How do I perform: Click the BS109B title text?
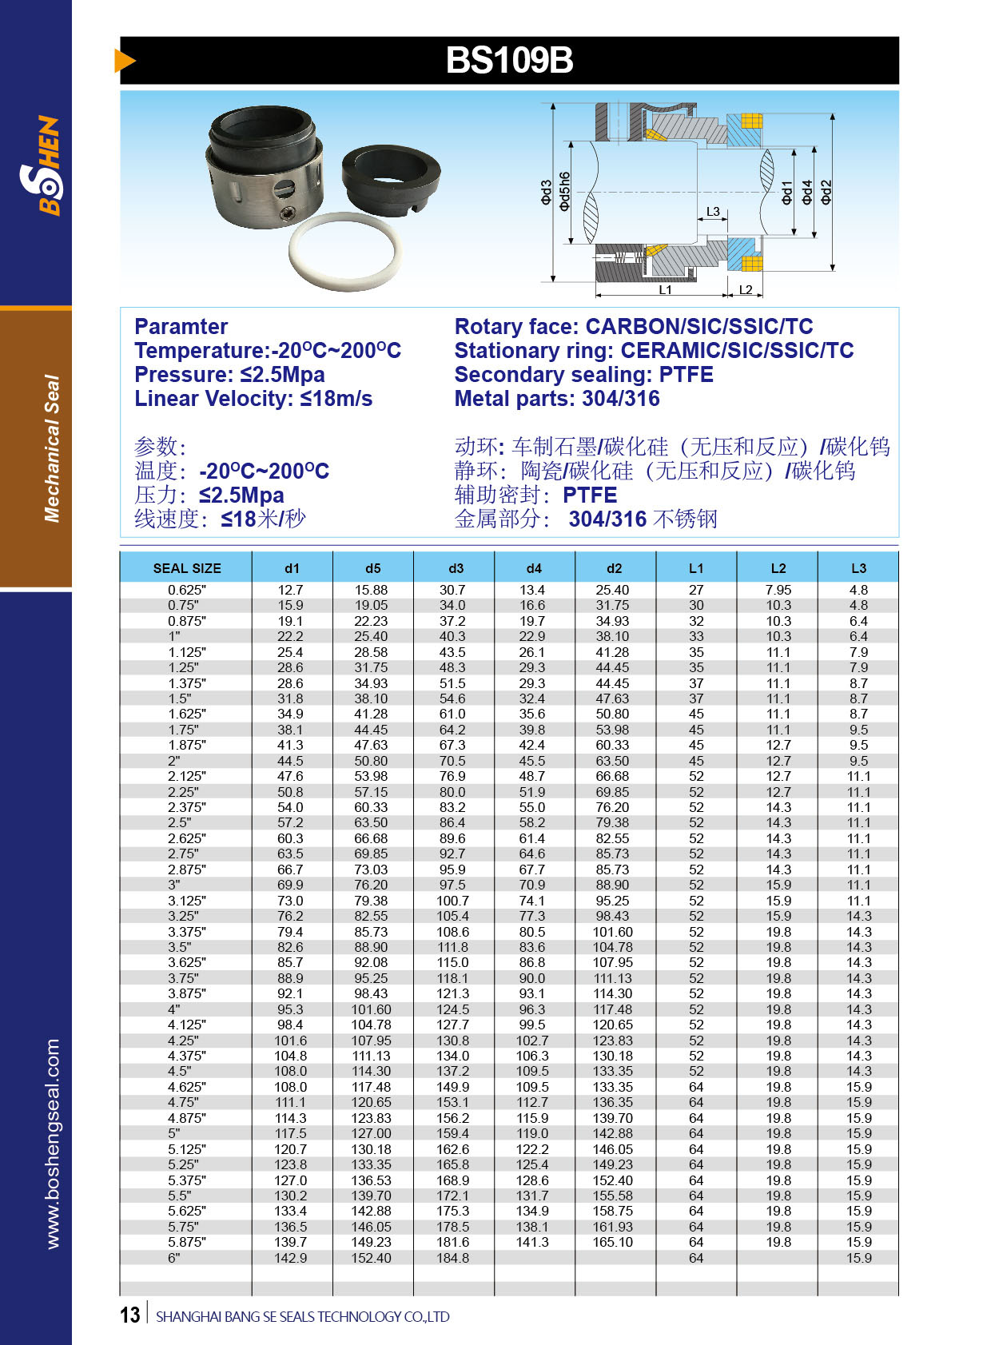pyautogui.click(x=509, y=61)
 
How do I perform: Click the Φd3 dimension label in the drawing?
pyautogui.click(x=547, y=193)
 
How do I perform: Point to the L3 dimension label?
pyautogui.click(x=713, y=212)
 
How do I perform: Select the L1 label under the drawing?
pyautogui.click(x=665, y=290)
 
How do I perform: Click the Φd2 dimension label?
pyautogui.click(x=826, y=192)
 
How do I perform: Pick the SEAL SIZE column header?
pyautogui.click(x=187, y=568)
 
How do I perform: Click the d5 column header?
pyautogui.click(x=373, y=568)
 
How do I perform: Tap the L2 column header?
pyautogui.click(x=778, y=568)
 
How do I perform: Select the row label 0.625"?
pyautogui.click(x=187, y=590)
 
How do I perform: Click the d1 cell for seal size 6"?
pyautogui.click(x=291, y=1258)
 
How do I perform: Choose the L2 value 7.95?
pyautogui.click(x=778, y=590)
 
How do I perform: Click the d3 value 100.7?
pyautogui.click(x=452, y=901)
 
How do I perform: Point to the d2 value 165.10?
pyautogui.click(x=613, y=1242)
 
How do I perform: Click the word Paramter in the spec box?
pyautogui.click(x=181, y=326)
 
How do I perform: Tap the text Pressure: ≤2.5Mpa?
pyautogui.click(x=229, y=374)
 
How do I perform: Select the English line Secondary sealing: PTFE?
pyautogui.click(x=583, y=374)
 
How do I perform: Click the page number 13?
pyautogui.click(x=130, y=1315)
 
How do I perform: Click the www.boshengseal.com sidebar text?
pyautogui.click(x=53, y=1143)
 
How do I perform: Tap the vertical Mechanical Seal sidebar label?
pyautogui.click(x=52, y=448)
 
